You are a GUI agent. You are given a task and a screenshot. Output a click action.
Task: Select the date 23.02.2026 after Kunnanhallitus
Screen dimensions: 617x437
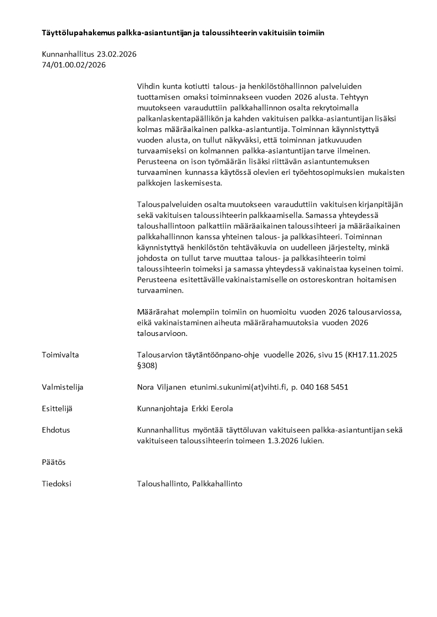coord(117,54)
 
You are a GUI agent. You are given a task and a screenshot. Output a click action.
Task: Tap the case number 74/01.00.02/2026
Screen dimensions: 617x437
coord(74,65)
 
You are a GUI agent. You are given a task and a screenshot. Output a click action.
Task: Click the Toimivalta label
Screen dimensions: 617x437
coord(61,355)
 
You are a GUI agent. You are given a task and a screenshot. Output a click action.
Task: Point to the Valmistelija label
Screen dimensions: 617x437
coord(63,387)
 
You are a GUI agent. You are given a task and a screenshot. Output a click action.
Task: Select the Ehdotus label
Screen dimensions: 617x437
coord(56,430)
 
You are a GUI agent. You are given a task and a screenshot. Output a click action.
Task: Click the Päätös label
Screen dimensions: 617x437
coord(53,462)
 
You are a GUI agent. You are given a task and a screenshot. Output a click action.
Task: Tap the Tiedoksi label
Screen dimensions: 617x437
coord(57,484)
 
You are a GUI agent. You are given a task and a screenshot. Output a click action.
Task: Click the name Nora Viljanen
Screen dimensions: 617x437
coord(161,387)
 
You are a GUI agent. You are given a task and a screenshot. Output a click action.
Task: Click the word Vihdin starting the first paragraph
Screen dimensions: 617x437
coord(149,87)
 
